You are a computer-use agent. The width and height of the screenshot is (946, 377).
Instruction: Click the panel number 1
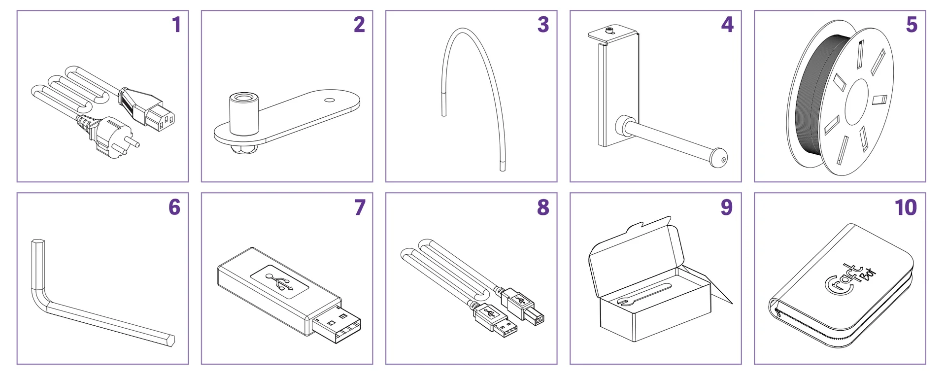coord(176,25)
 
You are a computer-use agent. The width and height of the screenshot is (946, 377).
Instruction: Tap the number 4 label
coord(727,25)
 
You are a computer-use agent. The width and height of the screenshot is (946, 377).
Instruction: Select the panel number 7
coord(360,207)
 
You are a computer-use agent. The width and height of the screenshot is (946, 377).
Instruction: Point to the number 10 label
coord(906,207)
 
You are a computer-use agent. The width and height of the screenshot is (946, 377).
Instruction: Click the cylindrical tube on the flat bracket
coord(244,114)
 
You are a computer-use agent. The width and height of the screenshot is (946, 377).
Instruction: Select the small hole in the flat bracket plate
coord(330,100)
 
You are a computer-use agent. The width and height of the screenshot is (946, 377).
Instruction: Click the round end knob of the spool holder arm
coord(719,158)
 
